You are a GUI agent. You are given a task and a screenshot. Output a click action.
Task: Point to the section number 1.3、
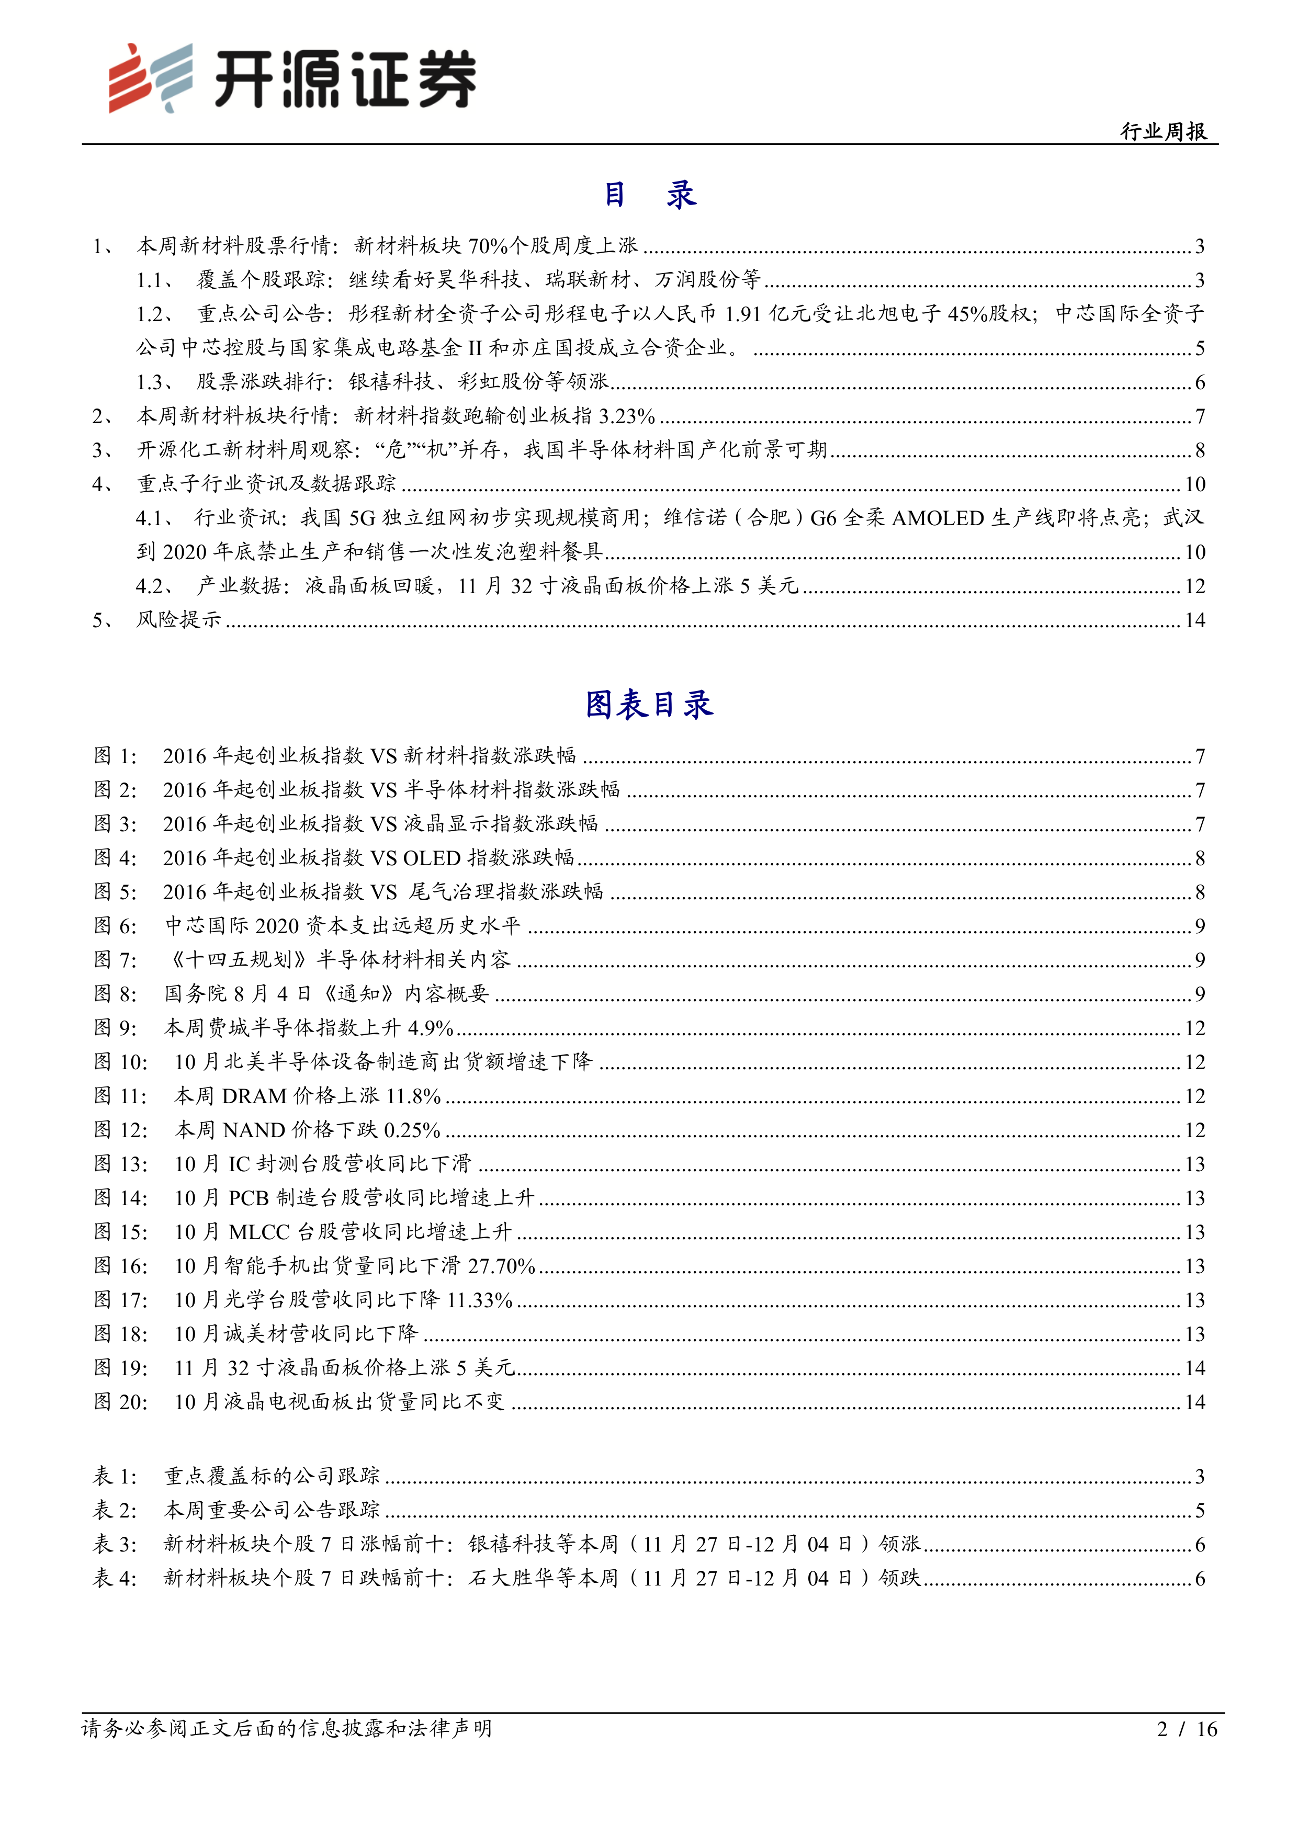155,382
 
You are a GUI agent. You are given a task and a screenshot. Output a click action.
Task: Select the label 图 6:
115,925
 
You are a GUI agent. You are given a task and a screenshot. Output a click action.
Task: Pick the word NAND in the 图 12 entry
254,1130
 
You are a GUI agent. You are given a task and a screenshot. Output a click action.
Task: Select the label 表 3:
115,1544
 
